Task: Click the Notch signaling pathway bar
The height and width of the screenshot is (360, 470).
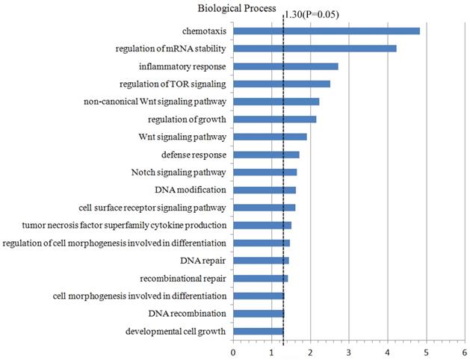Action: [x=265, y=172]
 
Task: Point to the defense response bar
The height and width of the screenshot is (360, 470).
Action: [x=266, y=155]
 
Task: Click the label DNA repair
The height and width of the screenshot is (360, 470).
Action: [x=203, y=261]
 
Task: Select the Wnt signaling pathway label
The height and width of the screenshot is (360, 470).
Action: [x=182, y=137]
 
